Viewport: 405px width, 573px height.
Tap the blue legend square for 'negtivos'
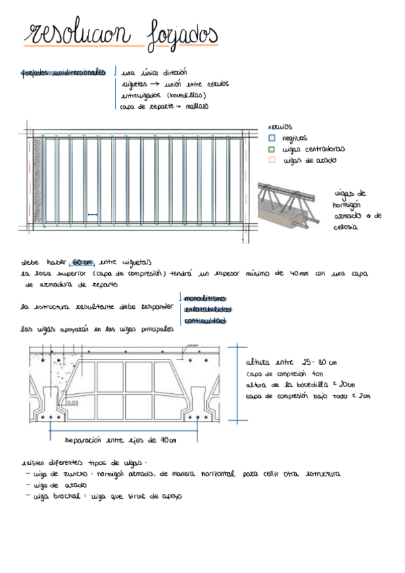[272, 137]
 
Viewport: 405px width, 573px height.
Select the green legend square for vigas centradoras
[272, 149]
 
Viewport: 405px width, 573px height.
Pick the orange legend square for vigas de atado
[272, 160]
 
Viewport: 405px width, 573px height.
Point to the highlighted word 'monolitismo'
[204, 298]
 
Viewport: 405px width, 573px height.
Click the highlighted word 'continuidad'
[205, 321]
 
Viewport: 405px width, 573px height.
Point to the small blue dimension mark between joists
[93, 216]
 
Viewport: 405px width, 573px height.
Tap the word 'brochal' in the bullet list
[68, 496]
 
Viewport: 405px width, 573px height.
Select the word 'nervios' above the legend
[279, 126]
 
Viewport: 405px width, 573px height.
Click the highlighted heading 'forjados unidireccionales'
[64, 72]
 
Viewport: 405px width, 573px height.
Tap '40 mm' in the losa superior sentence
[296, 274]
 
